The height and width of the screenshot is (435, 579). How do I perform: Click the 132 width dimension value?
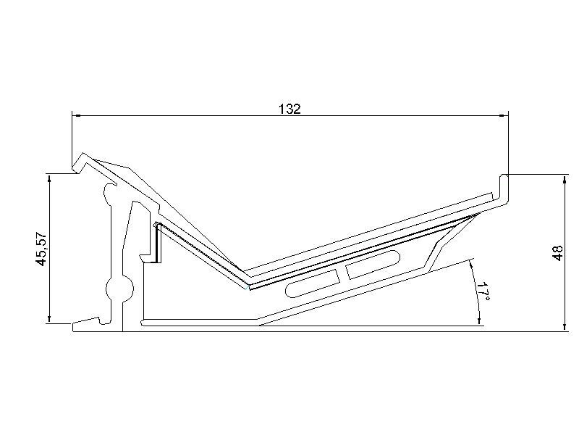pos(289,109)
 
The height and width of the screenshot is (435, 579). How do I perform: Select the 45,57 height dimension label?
pos(41,249)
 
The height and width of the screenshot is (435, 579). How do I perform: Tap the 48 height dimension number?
pos(557,253)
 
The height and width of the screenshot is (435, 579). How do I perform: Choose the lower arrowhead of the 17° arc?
pos(481,321)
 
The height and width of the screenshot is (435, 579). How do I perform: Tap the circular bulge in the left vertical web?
pos(117,289)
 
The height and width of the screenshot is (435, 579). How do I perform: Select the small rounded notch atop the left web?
pos(109,191)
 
